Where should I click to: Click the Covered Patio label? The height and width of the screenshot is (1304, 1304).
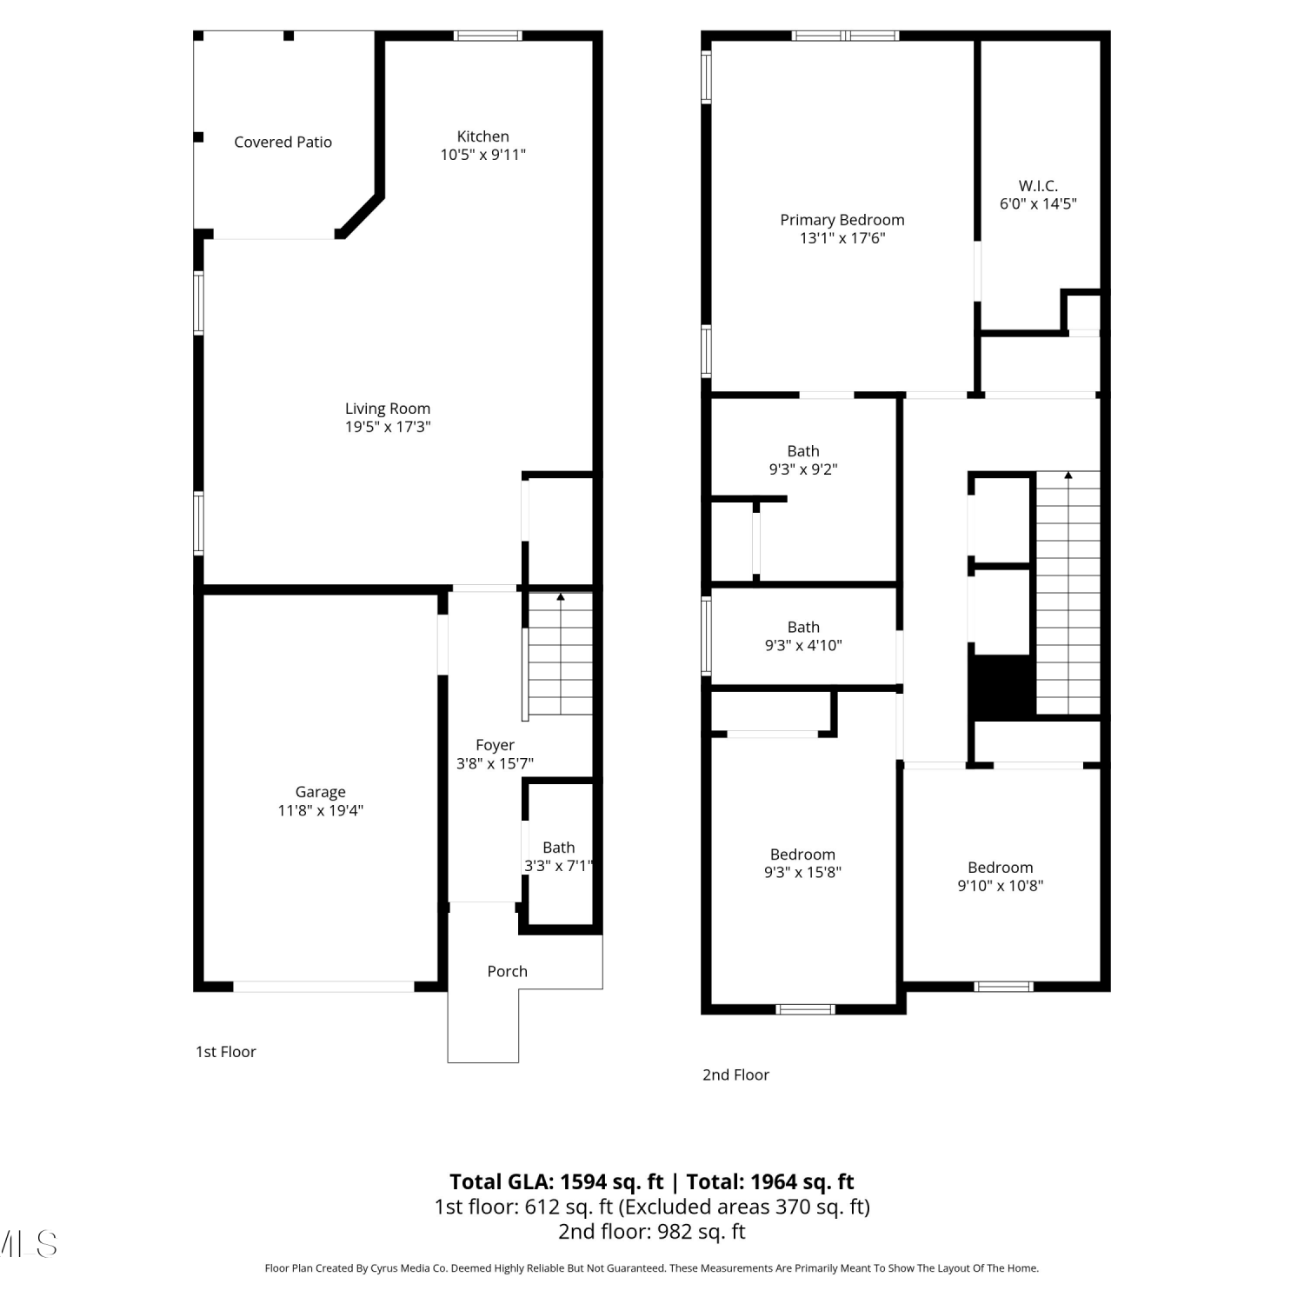pyautogui.click(x=283, y=142)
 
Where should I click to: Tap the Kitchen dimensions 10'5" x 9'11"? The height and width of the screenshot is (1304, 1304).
pyautogui.click(x=482, y=155)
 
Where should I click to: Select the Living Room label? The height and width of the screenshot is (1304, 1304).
pyautogui.click(x=388, y=409)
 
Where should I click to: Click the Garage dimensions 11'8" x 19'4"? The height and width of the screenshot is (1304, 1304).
pyautogui.click(x=320, y=810)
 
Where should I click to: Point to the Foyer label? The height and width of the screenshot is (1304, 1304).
pyautogui.click(x=495, y=745)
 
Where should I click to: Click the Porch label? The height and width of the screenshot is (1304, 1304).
pyautogui.click(x=507, y=971)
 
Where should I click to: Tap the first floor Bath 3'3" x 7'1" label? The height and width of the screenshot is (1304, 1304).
pyautogui.click(x=558, y=856)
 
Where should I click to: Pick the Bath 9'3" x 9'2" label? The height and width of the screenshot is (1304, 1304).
pyautogui.click(x=803, y=460)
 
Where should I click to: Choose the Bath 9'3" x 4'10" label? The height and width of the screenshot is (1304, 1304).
pyautogui.click(x=803, y=636)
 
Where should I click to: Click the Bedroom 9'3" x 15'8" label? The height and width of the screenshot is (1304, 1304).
pyautogui.click(x=802, y=863)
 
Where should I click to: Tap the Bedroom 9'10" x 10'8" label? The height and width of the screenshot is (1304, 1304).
pyautogui.click(x=1000, y=876)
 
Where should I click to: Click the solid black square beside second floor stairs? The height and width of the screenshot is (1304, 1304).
pyautogui.click(x=1001, y=687)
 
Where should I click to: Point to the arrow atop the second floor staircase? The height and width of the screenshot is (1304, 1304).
pyautogui.click(x=1068, y=476)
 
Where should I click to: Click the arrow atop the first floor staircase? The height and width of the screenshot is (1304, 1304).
pyautogui.click(x=561, y=597)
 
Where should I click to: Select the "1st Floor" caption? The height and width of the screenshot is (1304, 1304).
pyautogui.click(x=226, y=1052)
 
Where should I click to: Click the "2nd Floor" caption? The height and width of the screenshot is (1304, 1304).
pyautogui.click(x=735, y=1075)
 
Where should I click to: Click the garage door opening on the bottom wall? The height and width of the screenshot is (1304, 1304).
pyautogui.click(x=323, y=987)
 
